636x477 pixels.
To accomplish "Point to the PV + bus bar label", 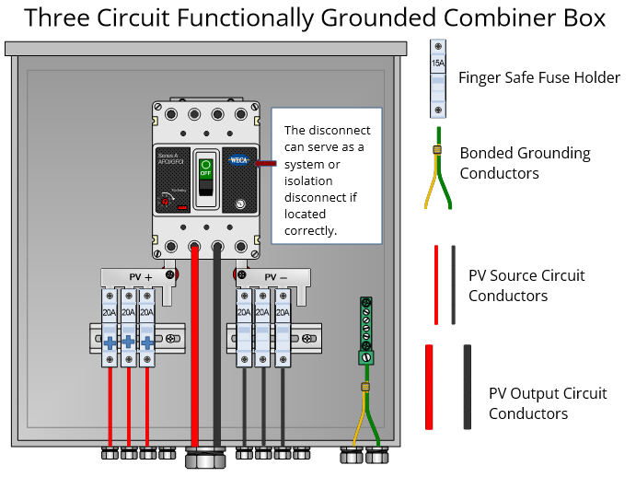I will pyautogui.click(x=140, y=276).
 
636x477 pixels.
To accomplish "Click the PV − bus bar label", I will pyautogui.click(x=276, y=276).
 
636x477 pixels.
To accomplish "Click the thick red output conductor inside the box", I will pyautogui.click(x=194, y=350).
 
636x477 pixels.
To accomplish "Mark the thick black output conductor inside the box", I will pyautogui.click(x=218, y=350).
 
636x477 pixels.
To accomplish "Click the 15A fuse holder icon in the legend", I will pyautogui.click(x=438, y=79).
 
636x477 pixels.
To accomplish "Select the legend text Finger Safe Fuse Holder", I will pyautogui.click(x=539, y=77).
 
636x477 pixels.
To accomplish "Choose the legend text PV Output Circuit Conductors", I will pyautogui.click(x=547, y=403).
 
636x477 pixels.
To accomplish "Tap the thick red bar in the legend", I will pyautogui.click(x=429, y=386).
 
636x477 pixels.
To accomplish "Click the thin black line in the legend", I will pyautogui.click(x=453, y=285).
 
